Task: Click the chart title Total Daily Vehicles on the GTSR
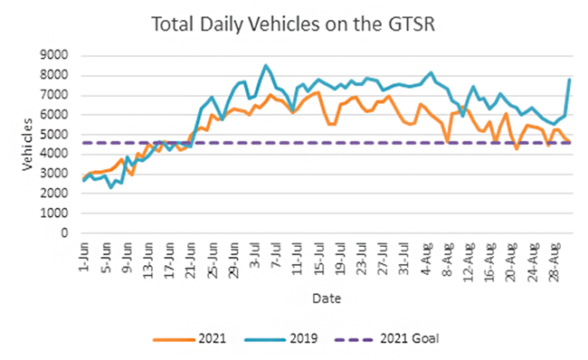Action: coord(294,24)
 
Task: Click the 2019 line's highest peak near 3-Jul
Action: coord(265,65)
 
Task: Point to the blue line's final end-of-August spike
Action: coord(570,80)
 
